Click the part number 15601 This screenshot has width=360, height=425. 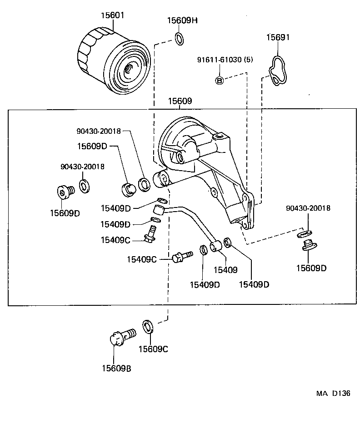coord(111,15)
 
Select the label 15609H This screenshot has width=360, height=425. coord(182,20)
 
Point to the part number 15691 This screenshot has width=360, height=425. coord(278,37)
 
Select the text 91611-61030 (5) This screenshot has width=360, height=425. coord(225,60)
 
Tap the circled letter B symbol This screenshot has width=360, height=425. coord(219,81)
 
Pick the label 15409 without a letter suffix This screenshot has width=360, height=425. coord(225,270)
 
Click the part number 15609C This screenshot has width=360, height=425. coord(153,349)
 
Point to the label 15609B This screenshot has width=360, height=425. coord(116,369)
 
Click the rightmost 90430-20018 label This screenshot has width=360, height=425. coord(308,208)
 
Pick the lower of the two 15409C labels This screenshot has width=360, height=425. coord(141,259)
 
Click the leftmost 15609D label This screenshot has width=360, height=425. coord(65,212)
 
